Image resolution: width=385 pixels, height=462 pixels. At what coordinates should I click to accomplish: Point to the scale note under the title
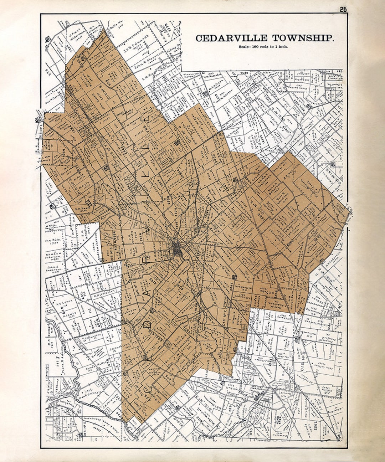click(263, 47)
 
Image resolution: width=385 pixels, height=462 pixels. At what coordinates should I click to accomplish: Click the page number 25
click(343, 10)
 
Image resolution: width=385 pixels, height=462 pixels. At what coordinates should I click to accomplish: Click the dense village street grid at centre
click(178, 248)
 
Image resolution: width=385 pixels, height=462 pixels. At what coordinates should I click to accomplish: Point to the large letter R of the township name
click(145, 260)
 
